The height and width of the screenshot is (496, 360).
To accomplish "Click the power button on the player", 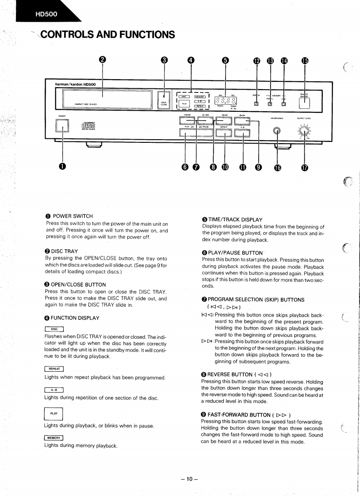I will click(62, 126).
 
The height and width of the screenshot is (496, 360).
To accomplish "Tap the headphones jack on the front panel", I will click(277, 131).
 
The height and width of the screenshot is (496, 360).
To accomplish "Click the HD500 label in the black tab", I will click(46, 14).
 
